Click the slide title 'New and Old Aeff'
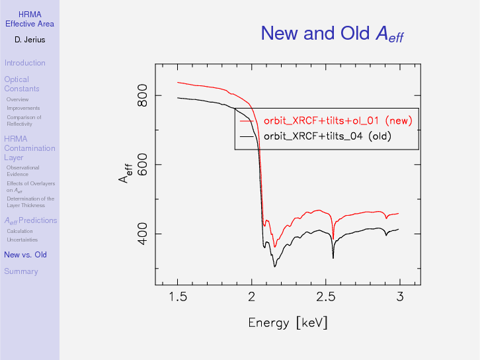pos(332,33)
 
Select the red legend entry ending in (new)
pos(337,120)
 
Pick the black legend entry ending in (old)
pos(327,137)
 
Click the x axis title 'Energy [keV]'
pos(288,323)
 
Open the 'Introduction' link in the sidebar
pos(24,63)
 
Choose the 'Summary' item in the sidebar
pos(21,271)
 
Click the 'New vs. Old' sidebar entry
pos(25,255)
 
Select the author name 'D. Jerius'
pos(30,40)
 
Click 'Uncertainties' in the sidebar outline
pos(22,240)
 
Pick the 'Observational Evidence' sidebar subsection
pos(22,171)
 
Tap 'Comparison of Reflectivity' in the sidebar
pos(24,120)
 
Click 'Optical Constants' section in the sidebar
pos(22,84)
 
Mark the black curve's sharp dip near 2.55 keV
pos(333,257)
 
